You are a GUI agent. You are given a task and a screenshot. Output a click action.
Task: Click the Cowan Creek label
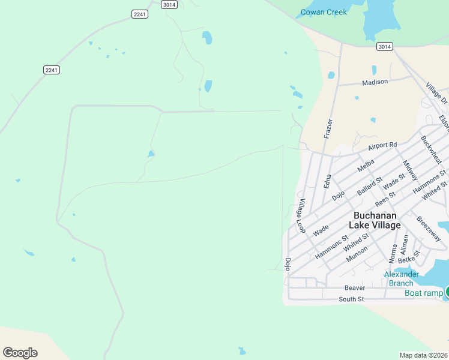(324, 12)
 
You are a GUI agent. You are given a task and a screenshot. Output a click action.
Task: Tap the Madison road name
(375, 82)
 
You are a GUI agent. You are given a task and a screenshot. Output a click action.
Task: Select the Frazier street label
(328, 128)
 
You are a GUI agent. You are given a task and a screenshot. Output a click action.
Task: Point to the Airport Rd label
(383, 145)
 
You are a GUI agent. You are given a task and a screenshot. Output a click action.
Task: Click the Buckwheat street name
(431, 150)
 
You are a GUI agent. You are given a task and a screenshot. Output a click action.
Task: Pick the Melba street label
(366, 166)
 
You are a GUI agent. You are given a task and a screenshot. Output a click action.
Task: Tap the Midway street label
(410, 171)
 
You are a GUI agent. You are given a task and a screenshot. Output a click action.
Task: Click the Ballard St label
(369, 187)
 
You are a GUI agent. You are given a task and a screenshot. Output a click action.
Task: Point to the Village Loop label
(301, 216)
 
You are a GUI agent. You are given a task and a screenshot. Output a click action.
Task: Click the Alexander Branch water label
(401, 279)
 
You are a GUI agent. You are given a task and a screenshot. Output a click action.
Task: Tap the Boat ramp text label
(424, 293)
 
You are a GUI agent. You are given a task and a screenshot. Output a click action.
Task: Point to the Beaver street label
(355, 288)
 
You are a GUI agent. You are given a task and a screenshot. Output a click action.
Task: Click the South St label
(351, 299)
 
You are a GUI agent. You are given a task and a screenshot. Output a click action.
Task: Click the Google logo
(20, 353)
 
